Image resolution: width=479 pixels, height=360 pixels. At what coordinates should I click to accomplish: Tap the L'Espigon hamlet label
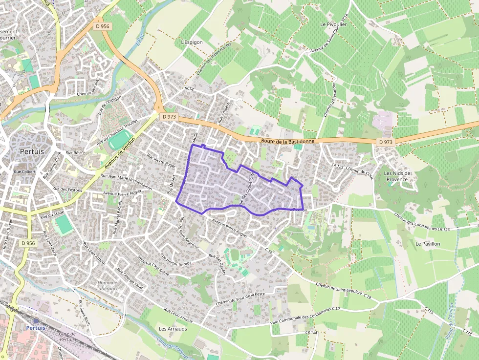(x=192, y=42)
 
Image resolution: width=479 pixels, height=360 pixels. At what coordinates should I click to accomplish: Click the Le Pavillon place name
(x=428, y=243)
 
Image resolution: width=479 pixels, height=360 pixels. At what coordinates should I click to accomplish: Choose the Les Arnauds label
(x=173, y=329)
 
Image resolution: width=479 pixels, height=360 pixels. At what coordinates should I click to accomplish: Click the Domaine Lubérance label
(x=108, y=286)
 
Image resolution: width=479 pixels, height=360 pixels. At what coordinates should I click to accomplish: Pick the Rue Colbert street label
(x=24, y=172)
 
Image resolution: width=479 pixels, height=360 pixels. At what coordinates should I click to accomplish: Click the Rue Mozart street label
(x=169, y=186)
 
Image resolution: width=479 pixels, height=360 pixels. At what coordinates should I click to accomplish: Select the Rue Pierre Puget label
(x=161, y=161)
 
